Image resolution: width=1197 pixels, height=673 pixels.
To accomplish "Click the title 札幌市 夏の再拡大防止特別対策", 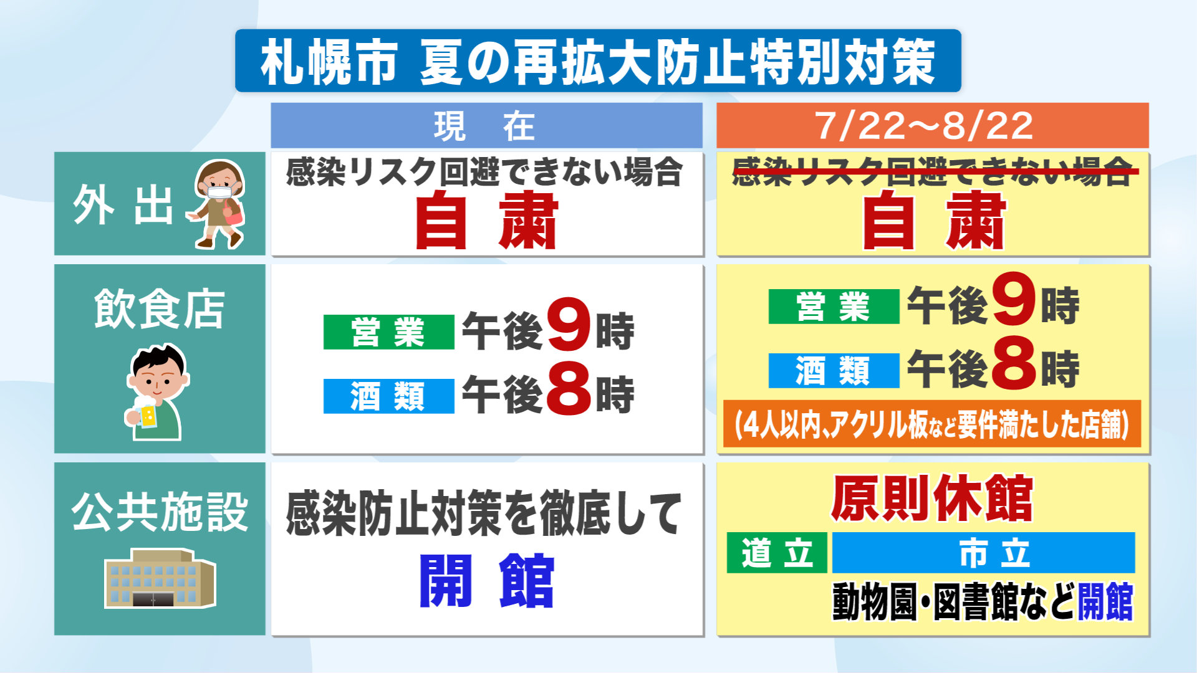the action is point(598,61).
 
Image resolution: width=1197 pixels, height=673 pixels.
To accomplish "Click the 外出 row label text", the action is point(123,205).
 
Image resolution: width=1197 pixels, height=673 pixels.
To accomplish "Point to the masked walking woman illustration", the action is point(216,204).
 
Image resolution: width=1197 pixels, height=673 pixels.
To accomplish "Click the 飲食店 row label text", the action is point(160,308).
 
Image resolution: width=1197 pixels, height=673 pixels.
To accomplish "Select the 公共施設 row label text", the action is point(160,512).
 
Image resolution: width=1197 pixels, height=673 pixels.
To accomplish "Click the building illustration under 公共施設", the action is point(160,578).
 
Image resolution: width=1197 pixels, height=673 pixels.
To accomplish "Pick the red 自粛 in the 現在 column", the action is point(486,220).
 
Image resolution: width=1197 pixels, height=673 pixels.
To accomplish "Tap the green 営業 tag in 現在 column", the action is point(388,332).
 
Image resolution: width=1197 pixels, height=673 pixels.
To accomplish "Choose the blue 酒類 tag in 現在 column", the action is point(388,396).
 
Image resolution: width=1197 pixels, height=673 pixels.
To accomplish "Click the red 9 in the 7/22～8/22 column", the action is point(1014,298).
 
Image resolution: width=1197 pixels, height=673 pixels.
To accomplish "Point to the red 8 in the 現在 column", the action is point(569,389).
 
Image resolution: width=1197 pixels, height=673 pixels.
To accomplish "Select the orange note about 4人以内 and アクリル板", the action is point(932,424).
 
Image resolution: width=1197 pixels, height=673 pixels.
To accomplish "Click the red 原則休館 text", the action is point(932,498).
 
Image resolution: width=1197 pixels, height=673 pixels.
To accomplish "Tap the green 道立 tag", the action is point(777,553).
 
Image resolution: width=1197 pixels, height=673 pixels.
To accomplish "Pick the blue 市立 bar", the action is point(984,553).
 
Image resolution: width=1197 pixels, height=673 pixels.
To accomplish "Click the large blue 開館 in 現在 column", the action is point(486,581).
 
